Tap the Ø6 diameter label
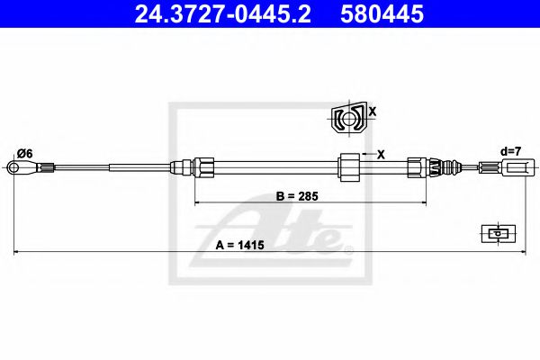(x=24, y=154)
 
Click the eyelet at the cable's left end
(x=14, y=166)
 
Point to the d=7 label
(x=510, y=151)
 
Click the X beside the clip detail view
(x=372, y=112)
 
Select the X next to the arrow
(x=381, y=154)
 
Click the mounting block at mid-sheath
(x=347, y=166)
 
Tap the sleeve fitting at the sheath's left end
(x=204, y=166)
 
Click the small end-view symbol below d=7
(x=496, y=232)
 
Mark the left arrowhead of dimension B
(x=198, y=203)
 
